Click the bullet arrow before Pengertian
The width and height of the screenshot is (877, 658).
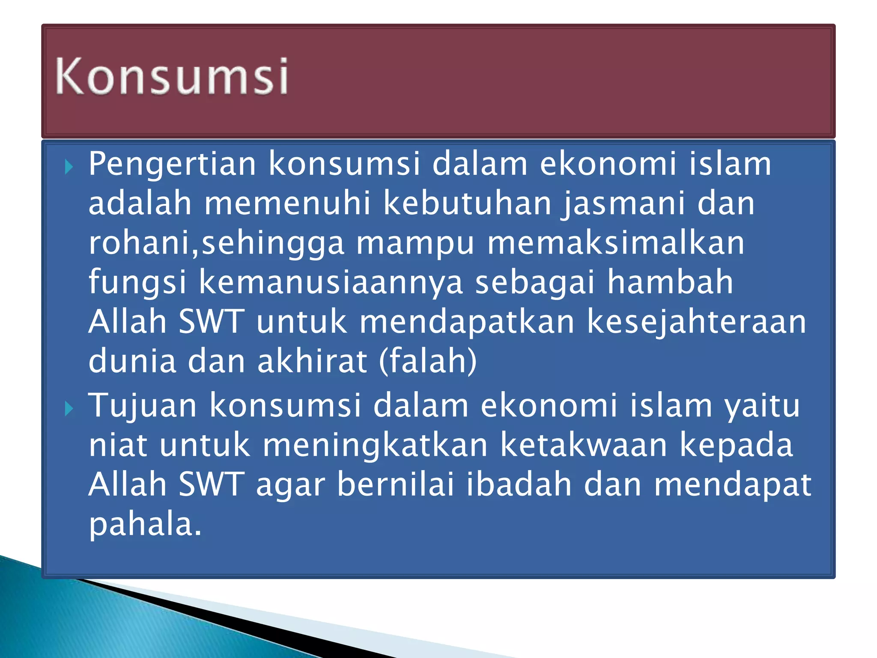coord(69,167)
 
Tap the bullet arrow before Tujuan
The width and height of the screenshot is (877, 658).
coord(69,409)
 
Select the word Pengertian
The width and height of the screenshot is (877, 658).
coord(172,164)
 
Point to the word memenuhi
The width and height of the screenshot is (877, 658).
coord(287,203)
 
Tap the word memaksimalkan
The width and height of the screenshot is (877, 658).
coord(616,243)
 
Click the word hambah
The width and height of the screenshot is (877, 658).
coord(670,282)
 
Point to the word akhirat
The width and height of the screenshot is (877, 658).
coord(312,361)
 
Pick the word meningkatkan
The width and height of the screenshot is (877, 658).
coord(375,445)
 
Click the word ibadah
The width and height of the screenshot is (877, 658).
coord(519,485)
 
